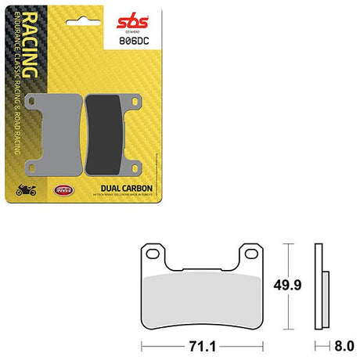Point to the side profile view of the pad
pos(318,288)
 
